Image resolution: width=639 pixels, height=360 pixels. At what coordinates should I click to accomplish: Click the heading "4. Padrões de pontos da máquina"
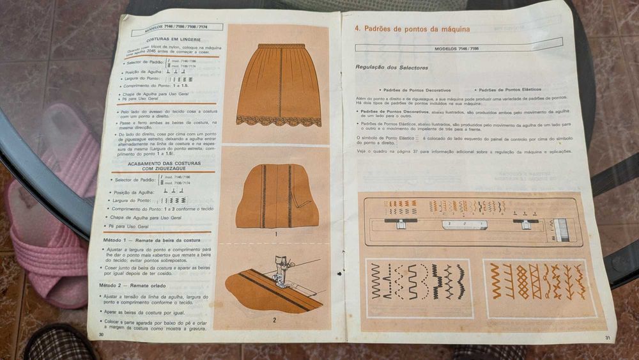412,29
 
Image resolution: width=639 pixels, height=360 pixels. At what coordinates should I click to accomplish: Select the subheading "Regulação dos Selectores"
392,68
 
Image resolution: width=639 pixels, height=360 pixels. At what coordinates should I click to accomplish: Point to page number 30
101,334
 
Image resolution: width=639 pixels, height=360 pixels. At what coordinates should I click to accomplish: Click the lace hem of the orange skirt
278,120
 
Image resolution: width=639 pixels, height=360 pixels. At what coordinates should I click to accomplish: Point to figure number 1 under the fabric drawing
275,234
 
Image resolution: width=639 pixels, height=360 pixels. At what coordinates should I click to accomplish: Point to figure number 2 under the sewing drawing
274,319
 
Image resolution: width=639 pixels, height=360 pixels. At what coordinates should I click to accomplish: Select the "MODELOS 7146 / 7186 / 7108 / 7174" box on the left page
176,27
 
